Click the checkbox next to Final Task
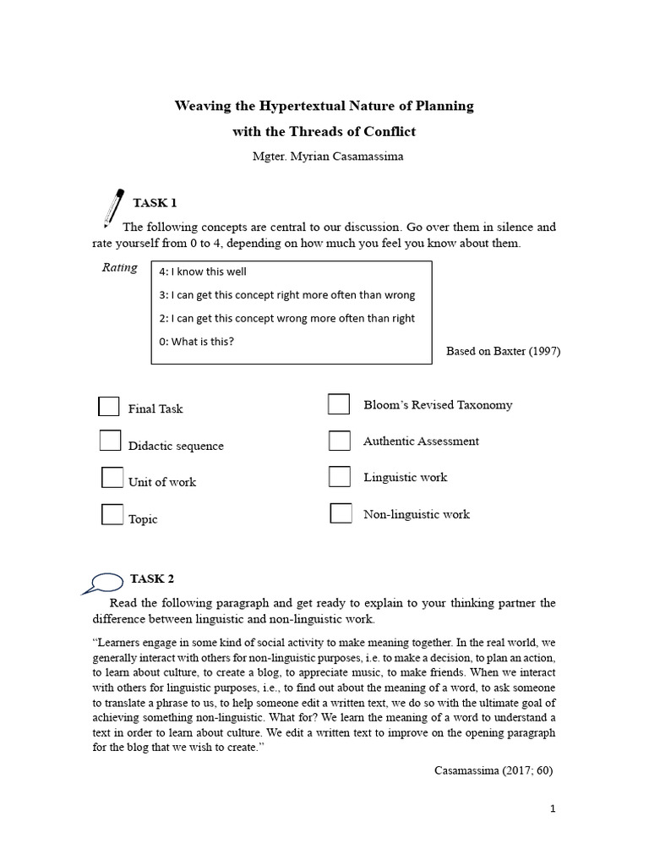point(109,407)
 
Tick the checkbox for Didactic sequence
point(110,441)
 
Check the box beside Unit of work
point(112,478)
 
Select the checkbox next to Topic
point(112,514)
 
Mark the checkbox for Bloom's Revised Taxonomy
point(339,404)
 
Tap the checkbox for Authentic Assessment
point(340,441)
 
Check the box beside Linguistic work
point(340,477)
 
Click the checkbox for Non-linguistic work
point(341,513)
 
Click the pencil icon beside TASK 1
point(112,208)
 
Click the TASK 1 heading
point(155,203)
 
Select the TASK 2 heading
point(152,579)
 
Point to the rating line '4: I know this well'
point(203,271)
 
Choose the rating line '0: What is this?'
point(196,342)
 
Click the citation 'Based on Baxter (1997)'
point(503,351)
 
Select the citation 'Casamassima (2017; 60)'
point(494,770)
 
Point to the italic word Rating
point(119,267)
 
